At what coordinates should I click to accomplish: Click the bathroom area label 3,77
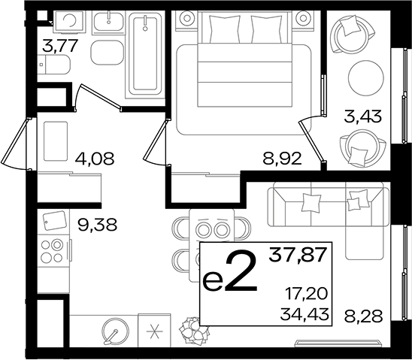pyautogui.click(x=60, y=45)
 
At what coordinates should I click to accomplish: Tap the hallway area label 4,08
pyautogui.click(x=95, y=159)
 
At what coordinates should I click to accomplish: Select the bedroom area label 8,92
pyautogui.click(x=282, y=159)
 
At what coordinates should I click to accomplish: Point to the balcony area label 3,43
pyautogui.click(x=362, y=116)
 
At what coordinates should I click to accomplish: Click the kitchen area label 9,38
pyautogui.click(x=98, y=225)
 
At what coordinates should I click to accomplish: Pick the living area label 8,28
pyautogui.click(x=364, y=316)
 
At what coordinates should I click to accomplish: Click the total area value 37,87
pyautogui.click(x=298, y=255)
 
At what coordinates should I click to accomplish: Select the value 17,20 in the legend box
pyautogui.click(x=307, y=294)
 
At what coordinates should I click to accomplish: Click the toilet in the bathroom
pyautogui.click(x=54, y=65)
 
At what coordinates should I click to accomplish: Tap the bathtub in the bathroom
pyautogui.click(x=145, y=55)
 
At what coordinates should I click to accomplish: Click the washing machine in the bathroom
pyautogui.click(x=69, y=22)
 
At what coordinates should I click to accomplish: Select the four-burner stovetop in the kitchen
pyautogui.click(x=54, y=251)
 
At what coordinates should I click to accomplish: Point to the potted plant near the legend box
pyautogui.click(x=194, y=331)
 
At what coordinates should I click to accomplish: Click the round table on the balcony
pyautogui.click(x=365, y=78)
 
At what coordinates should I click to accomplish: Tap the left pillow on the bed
pyautogui.click(x=224, y=29)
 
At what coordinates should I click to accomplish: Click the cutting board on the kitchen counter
pyautogui.click(x=54, y=220)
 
